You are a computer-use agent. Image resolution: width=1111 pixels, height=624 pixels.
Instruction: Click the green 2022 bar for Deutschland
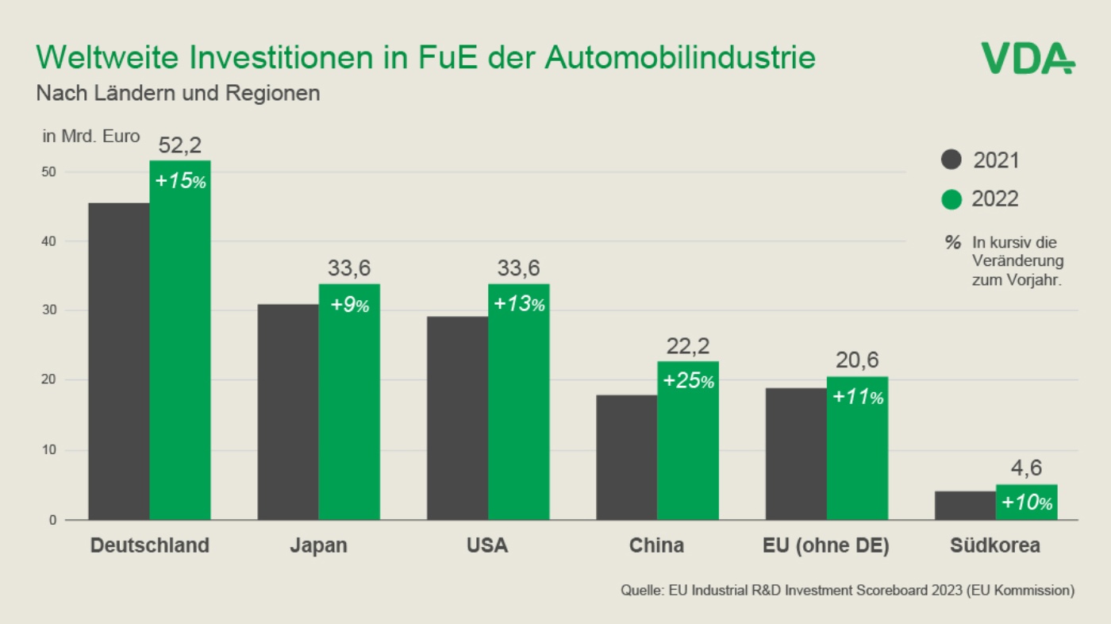pyautogui.click(x=180, y=349)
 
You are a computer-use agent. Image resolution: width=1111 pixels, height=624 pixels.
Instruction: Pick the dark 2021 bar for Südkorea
pyautogui.click(x=965, y=505)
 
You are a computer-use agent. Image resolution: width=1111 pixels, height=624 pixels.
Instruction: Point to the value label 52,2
pyautogui.click(x=180, y=145)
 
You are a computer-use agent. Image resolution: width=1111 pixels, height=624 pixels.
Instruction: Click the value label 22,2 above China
pyautogui.click(x=688, y=346)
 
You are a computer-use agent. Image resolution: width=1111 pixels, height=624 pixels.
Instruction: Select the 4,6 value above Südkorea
pyautogui.click(x=1027, y=468)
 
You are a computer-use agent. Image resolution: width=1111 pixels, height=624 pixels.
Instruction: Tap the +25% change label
pyautogui.click(x=688, y=381)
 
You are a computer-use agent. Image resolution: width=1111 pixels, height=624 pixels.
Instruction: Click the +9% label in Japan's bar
pyautogui.click(x=349, y=305)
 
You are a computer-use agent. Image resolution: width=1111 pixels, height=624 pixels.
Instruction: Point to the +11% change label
pyautogui.click(x=858, y=396)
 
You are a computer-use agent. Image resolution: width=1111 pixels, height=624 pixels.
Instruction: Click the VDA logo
pyautogui.click(x=1027, y=59)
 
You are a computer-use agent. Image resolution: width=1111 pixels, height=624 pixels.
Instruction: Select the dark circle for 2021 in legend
pyautogui.click(x=951, y=160)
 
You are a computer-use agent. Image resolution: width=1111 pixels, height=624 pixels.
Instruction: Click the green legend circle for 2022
pyautogui.click(x=951, y=199)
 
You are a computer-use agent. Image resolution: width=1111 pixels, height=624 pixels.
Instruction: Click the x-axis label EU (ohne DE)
pyautogui.click(x=826, y=546)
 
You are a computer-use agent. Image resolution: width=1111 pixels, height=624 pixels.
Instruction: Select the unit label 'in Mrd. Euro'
pyautogui.click(x=90, y=137)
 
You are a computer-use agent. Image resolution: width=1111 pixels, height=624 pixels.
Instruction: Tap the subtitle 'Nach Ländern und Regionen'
pyautogui.click(x=178, y=93)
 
